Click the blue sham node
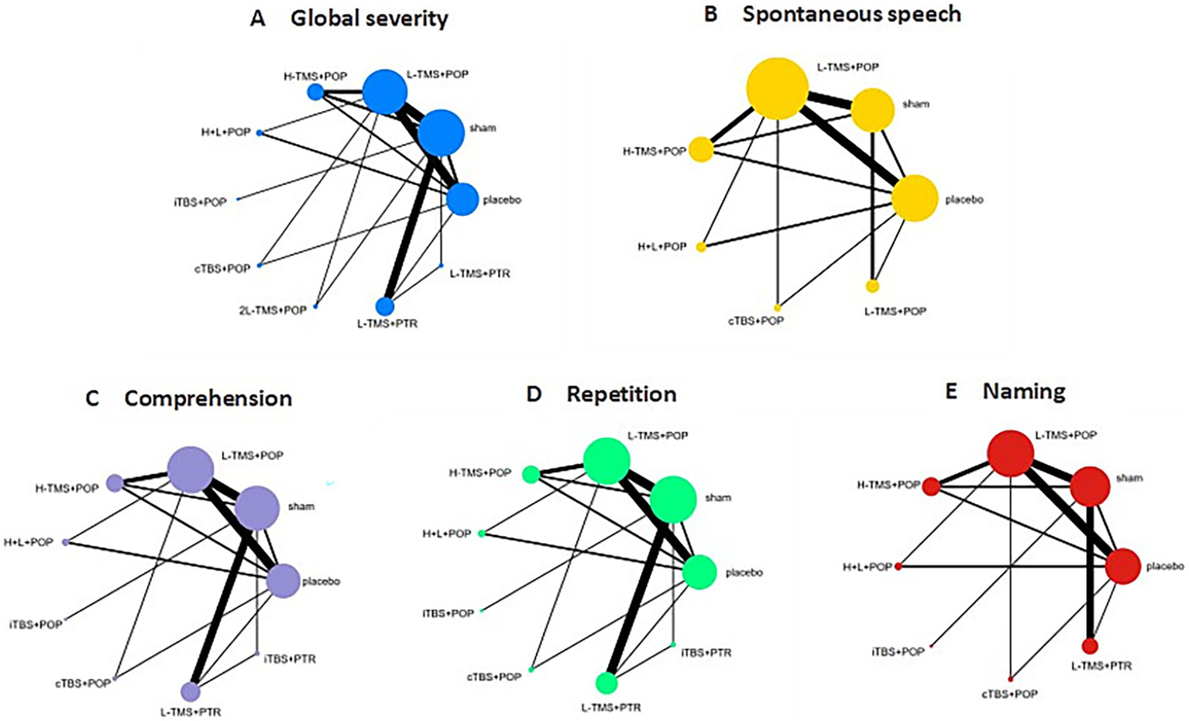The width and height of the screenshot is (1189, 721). click(441, 132)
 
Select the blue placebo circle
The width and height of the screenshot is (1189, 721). click(462, 199)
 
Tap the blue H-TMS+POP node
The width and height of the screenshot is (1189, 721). click(315, 92)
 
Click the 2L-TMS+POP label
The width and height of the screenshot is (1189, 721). click(273, 310)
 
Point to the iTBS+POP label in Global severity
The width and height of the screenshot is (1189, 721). click(200, 202)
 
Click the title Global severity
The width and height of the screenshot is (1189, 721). click(369, 19)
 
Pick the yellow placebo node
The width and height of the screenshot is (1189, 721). click(915, 198)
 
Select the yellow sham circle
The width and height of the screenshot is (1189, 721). click(873, 110)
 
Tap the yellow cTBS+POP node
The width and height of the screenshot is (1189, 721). click(778, 307)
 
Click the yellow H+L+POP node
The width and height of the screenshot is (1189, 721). click(701, 247)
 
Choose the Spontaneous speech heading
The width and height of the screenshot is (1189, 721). click(851, 14)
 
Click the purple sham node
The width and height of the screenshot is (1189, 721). click(257, 508)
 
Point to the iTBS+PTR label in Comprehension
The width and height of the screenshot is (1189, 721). click(290, 659)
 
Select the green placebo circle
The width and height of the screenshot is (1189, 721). click(699, 572)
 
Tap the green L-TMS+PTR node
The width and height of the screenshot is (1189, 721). click(607, 683)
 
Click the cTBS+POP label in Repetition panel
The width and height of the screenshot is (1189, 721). click(493, 677)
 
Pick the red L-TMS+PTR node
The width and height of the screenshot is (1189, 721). click(1090, 645)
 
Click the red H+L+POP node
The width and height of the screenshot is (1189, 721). click(899, 567)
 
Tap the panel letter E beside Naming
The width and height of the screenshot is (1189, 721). click(951, 391)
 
